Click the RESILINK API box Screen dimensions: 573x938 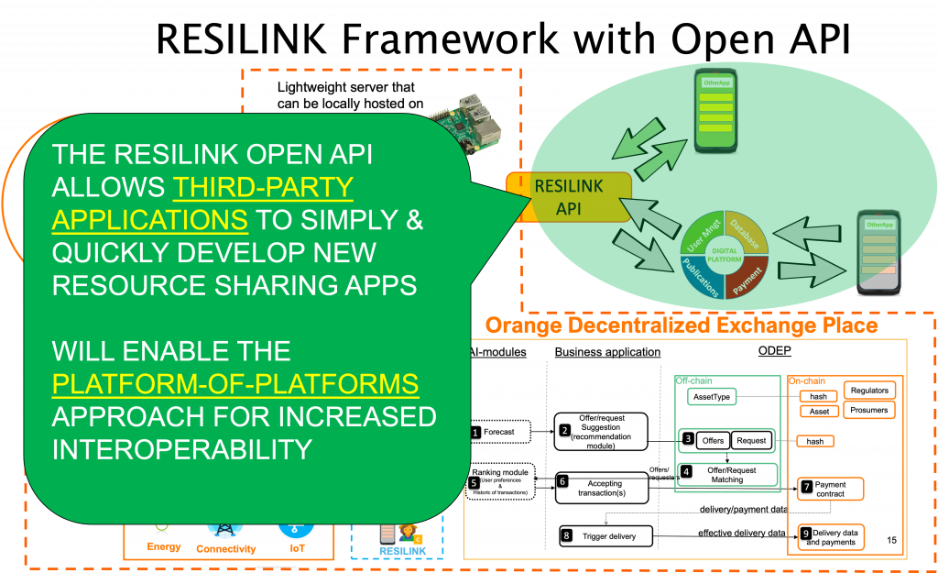coord(569,197)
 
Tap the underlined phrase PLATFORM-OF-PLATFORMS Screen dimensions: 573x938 coord(235,384)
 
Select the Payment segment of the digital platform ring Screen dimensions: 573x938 coord(747,278)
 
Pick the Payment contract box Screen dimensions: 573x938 coord(830,489)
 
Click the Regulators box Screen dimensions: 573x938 coord(868,391)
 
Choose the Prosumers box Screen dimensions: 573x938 coord(868,410)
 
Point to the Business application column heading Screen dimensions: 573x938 coord(607,352)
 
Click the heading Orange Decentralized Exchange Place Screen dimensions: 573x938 coord(681,325)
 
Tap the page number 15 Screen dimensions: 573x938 coord(891,541)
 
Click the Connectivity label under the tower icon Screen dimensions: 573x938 coord(225,549)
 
